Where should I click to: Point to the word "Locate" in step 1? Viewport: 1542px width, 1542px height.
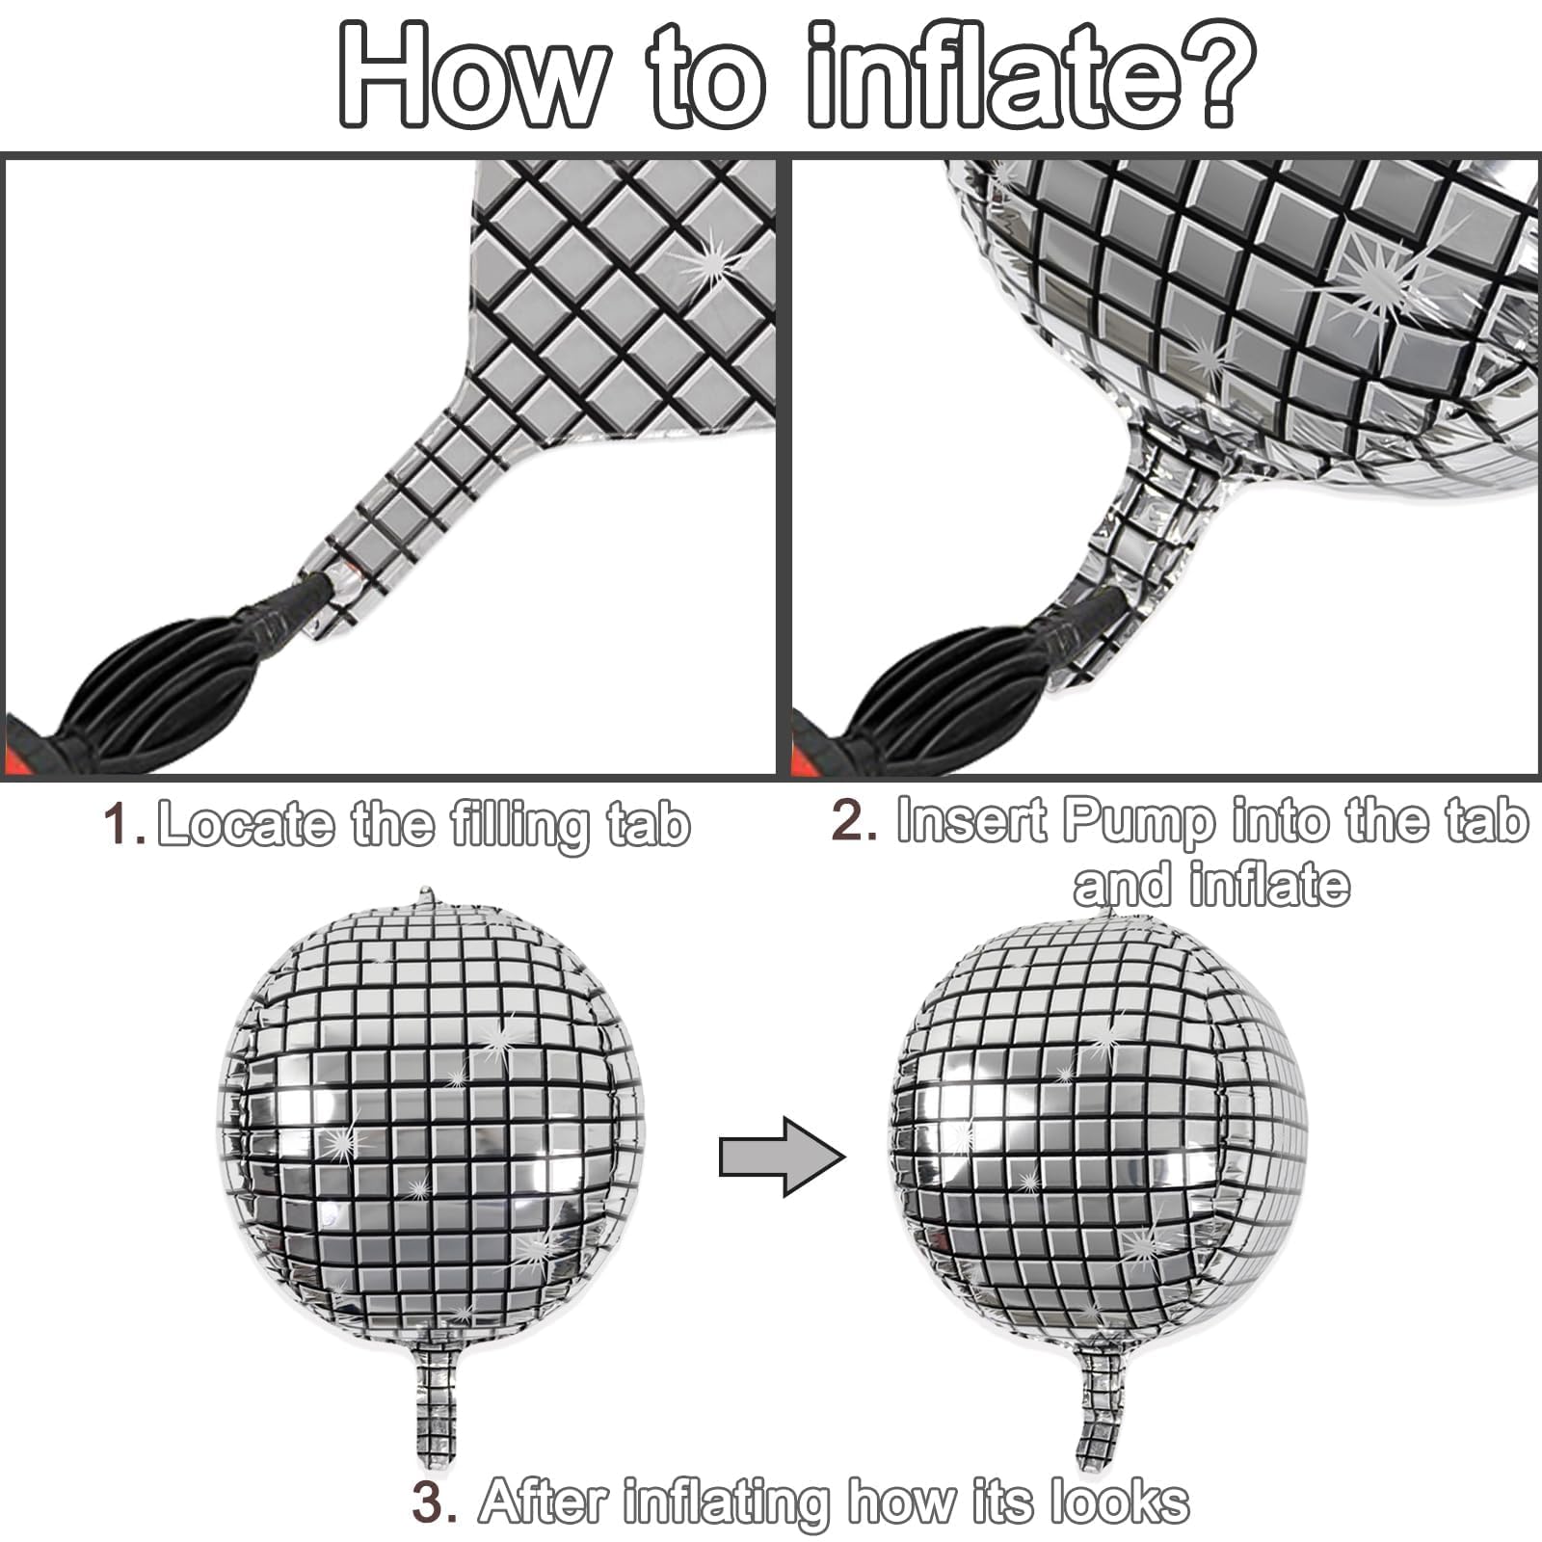pos(246,825)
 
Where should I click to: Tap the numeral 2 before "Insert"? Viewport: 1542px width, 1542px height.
pos(852,821)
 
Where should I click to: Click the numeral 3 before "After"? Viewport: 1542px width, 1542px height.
pos(433,1501)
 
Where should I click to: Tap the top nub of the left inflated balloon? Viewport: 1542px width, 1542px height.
pos(425,897)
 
